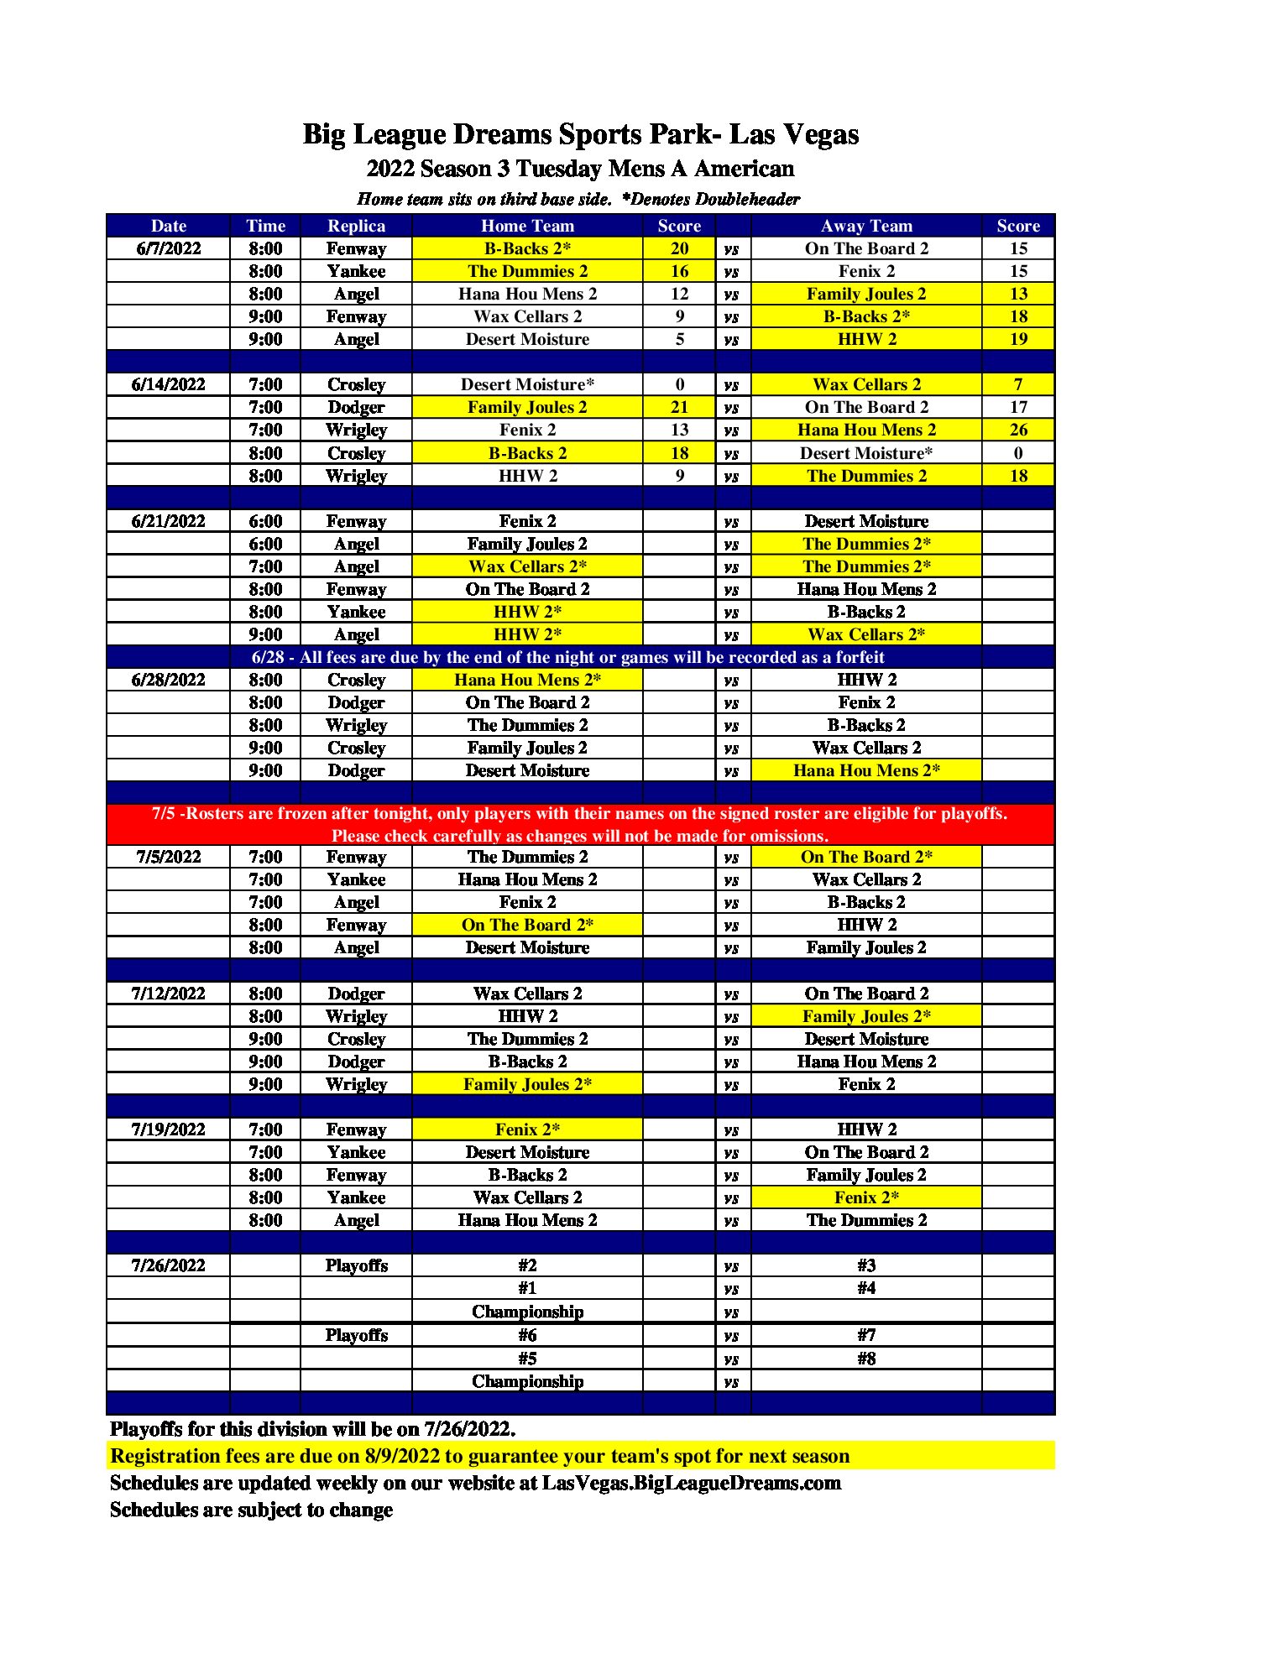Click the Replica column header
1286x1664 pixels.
(356, 226)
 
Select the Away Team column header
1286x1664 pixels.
(866, 226)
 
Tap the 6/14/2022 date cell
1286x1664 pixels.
(168, 384)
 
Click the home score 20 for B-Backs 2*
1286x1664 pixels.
(679, 248)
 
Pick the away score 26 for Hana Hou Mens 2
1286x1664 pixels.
(1018, 430)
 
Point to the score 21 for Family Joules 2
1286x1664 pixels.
(679, 407)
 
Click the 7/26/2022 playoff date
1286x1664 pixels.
(168, 1265)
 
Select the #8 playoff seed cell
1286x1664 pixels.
(866, 1358)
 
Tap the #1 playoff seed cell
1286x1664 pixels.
(527, 1288)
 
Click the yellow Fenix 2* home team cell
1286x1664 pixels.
(527, 1129)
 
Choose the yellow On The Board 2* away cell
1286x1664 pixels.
(866, 857)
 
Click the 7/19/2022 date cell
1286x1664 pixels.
(168, 1129)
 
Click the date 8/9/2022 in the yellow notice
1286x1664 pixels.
(402, 1456)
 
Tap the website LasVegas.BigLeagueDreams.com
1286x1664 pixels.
(691, 1483)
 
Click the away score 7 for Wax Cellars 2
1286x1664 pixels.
(1018, 384)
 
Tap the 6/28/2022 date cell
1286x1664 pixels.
(168, 680)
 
